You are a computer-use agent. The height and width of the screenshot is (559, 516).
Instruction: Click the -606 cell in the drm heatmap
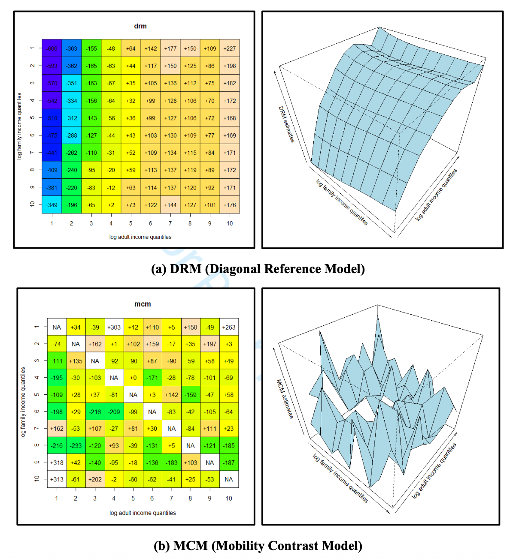click(x=52, y=48)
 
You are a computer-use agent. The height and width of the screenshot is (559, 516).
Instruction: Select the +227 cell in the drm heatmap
click(x=230, y=48)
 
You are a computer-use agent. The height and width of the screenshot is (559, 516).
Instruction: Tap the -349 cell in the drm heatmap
click(x=52, y=205)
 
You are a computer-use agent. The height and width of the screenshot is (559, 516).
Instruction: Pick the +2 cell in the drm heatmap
click(x=111, y=205)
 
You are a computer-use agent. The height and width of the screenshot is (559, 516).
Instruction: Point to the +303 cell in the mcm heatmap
click(x=114, y=327)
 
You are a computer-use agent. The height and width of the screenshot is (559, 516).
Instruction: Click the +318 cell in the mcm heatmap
click(x=57, y=463)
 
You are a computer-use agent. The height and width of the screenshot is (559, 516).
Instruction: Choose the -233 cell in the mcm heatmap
click(x=76, y=445)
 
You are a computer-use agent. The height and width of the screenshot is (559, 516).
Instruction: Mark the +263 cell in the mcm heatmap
click(x=229, y=327)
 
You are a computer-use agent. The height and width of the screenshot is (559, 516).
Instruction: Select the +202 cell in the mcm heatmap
click(x=95, y=479)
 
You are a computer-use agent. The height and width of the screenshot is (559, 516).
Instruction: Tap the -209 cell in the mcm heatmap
click(x=114, y=412)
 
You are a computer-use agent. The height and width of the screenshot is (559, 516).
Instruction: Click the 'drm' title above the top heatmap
click(x=140, y=26)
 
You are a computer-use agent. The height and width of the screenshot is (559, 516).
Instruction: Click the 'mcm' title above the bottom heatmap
click(x=143, y=304)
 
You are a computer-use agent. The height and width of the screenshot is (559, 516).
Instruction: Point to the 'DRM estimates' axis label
click(x=286, y=124)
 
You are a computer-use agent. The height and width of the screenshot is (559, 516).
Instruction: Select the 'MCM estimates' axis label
click(x=285, y=399)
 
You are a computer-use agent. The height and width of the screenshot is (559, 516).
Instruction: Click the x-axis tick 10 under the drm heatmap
click(x=230, y=223)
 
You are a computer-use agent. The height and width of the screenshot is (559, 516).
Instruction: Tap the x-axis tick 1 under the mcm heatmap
click(x=57, y=498)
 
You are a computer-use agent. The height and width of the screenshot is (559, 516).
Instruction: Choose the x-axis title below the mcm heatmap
click(x=143, y=513)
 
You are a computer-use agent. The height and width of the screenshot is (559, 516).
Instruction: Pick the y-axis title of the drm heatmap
click(x=19, y=126)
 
